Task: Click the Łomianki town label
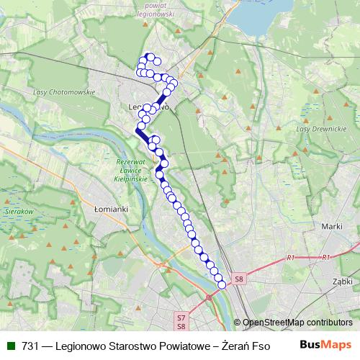[109, 208]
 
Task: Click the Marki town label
[331, 226]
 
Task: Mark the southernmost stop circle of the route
[222, 285]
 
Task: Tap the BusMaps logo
[325, 345]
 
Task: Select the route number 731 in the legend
[30, 346]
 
